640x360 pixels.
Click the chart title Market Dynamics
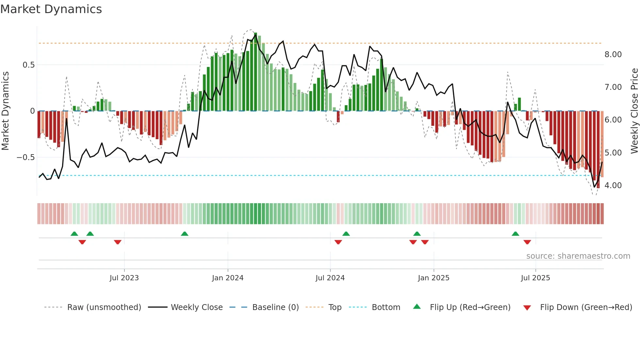pyautogui.click(x=51, y=9)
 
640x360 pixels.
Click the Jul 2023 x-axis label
pyautogui.click(x=124, y=278)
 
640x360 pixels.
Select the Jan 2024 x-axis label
pyautogui.click(x=228, y=278)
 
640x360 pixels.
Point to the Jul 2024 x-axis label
pyautogui.click(x=330, y=278)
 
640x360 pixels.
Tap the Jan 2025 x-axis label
pyautogui.click(x=433, y=278)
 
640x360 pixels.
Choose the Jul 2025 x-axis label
pyautogui.click(x=535, y=278)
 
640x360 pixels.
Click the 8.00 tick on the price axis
pyautogui.click(x=613, y=55)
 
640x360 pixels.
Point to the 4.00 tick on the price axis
pyautogui.click(x=613, y=186)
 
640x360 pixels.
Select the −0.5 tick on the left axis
pyautogui.click(x=26, y=157)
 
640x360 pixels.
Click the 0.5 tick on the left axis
pyautogui.click(x=28, y=65)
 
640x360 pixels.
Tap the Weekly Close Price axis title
pyautogui.click(x=634, y=111)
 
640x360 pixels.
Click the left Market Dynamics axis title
pyautogui.click(x=5, y=111)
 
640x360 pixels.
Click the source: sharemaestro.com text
pyautogui.click(x=578, y=256)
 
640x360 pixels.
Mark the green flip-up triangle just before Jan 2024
pyautogui.click(x=184, y=234)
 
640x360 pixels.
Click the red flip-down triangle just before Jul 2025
pyautogui.click(x=527, y=242)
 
